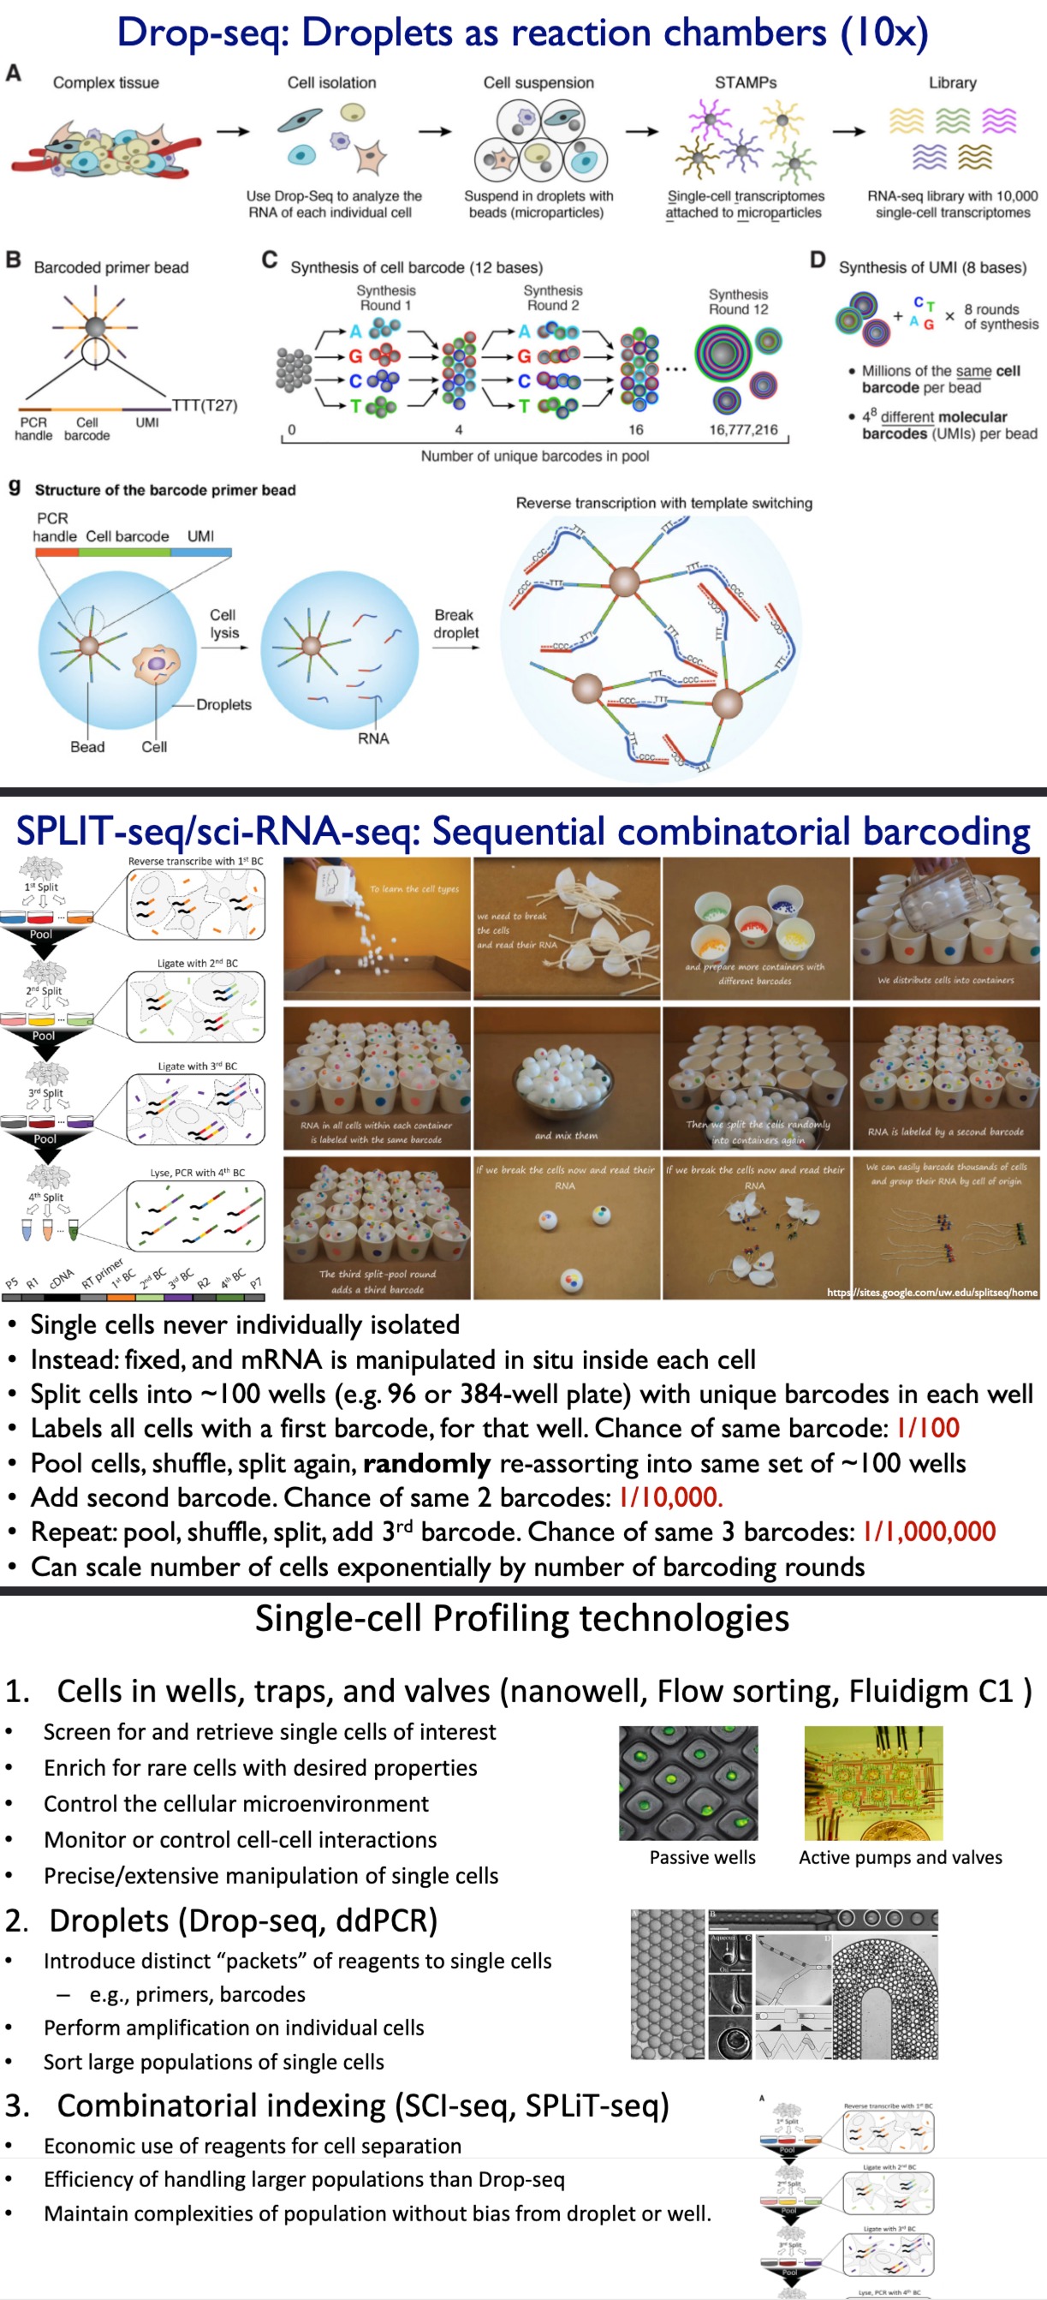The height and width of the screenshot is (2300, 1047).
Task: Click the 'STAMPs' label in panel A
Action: [746, 82]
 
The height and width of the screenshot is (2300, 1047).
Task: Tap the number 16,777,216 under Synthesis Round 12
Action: [744, 429]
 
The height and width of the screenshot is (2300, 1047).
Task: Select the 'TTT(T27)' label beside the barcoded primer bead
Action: [205, 405]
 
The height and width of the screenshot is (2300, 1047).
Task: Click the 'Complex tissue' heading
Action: [105, 82]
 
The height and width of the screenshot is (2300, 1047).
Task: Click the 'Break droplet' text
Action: [455, 624]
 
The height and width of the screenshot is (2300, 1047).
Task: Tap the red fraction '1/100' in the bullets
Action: [927, 1428]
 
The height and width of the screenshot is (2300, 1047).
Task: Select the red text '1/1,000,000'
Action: [928, 1532]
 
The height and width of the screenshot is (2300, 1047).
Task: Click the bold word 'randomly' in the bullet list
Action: [426, 1462]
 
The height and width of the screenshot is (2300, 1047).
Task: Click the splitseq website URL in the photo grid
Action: [932, 1292]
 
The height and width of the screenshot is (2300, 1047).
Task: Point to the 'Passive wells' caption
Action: [702, 1857]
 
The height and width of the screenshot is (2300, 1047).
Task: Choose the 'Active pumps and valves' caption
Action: [900, 1857]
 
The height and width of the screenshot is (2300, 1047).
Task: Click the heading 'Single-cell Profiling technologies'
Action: [522, 1618]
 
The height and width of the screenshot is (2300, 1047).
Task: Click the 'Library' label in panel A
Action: [952, 82]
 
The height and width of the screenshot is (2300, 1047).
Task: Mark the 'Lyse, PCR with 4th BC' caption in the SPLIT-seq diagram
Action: [196, 1173]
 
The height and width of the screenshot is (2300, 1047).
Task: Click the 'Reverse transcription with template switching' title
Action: [663, 503]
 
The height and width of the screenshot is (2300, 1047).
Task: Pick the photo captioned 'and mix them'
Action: [566, 1078]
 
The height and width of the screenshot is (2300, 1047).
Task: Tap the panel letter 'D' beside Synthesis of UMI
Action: [818, 260]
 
